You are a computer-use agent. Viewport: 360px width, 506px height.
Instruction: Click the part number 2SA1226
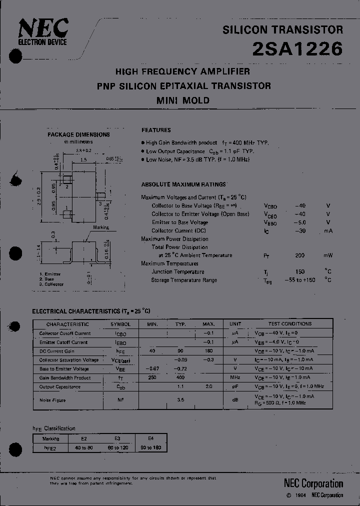298,49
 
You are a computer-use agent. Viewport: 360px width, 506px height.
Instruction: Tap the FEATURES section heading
156,130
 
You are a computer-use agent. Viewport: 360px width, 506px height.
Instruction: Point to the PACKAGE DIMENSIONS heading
78,134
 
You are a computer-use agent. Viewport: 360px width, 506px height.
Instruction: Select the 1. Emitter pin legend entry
50,274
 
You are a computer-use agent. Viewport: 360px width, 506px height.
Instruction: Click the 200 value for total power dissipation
299,255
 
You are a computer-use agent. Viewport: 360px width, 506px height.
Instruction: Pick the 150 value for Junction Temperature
299,272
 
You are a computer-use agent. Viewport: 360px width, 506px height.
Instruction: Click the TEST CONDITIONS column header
289,324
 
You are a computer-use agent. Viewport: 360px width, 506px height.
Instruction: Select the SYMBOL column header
120,324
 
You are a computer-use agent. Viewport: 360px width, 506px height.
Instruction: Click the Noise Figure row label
52,400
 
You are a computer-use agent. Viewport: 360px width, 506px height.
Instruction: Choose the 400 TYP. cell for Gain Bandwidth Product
180,378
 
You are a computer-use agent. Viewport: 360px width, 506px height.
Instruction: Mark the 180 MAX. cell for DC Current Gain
208,351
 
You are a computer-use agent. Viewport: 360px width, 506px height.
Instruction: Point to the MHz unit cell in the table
235,378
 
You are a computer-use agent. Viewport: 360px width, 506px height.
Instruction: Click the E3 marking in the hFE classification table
117,438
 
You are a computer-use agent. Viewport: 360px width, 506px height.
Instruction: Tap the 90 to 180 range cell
150,447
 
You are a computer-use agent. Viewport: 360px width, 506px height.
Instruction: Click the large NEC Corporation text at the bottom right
313,483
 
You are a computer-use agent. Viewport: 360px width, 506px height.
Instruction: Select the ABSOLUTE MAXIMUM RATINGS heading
183,184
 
